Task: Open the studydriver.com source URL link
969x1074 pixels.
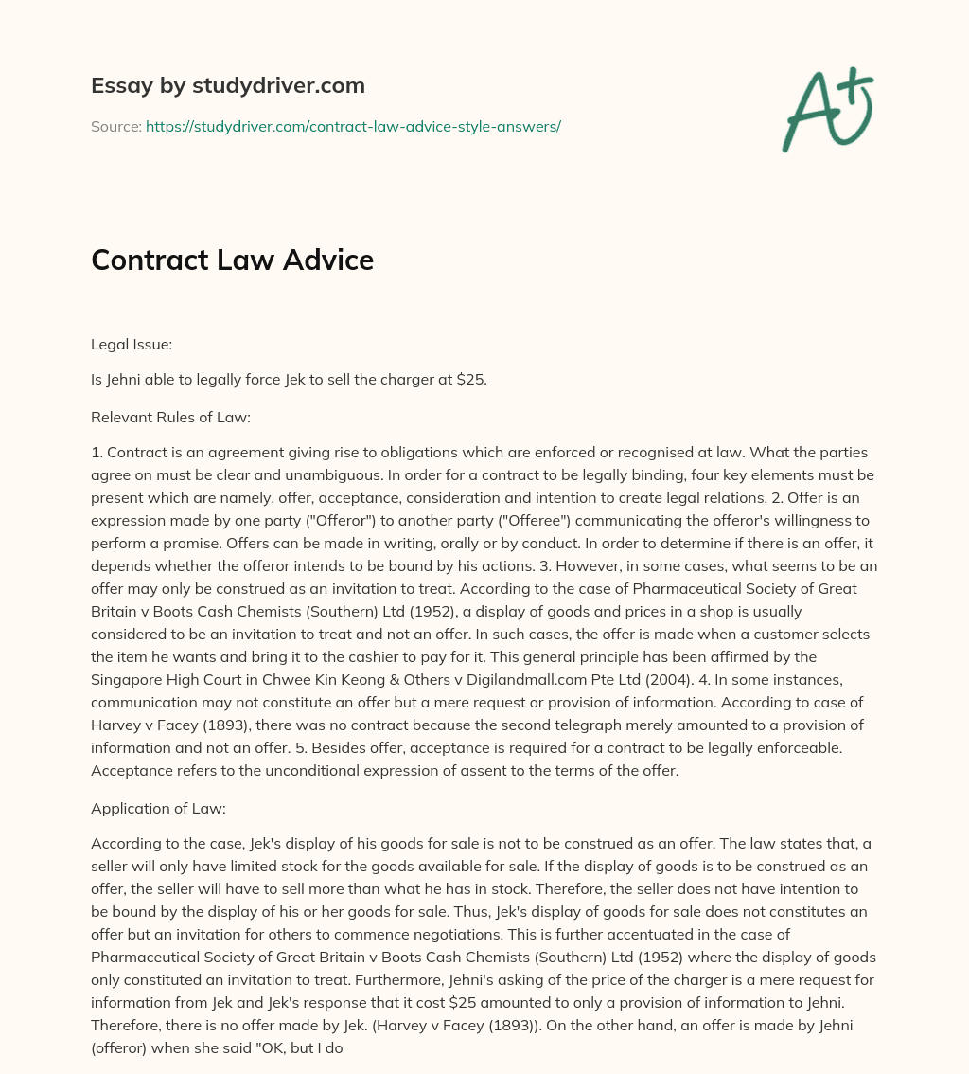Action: click(353, 126)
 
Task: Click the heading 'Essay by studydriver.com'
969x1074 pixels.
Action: click(228, 85)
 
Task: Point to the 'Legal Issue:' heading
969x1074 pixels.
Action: click(132, 346)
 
